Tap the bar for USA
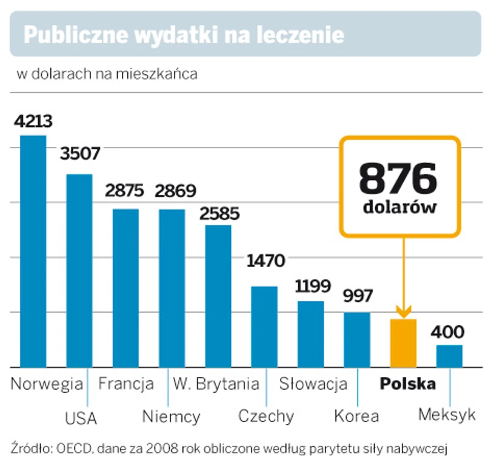tap(79, 270)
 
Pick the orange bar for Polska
tap(403, 343)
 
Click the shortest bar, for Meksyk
tap(449, 356)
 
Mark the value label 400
tap(448, 332)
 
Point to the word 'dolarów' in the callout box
tap(400, 206)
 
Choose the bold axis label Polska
tap(407, 384)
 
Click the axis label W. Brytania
tap(216, 384)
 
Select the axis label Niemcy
tap(171, 417)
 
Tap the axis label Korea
tap(356, 417)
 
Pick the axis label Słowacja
tap(313, 384)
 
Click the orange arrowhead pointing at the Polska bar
tap(403, 311)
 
